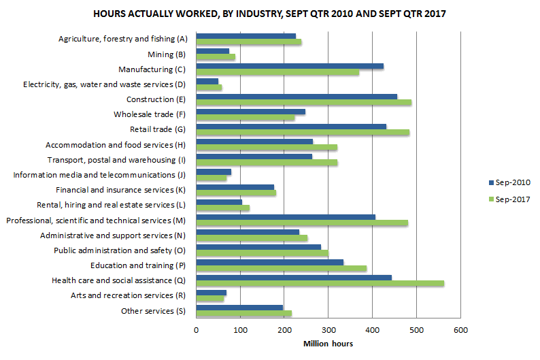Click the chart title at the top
pos(269,14)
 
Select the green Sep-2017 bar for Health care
pos(320,283)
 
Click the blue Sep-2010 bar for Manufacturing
pos(290,66)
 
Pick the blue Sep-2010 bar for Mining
pos(213,51)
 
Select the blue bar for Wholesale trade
pos(250,111)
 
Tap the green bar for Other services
pos(243,313)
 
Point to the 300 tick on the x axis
pos(328,331)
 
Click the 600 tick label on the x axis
pos(460,331)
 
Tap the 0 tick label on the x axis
pos(197,331)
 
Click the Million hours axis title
pos(328,344)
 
